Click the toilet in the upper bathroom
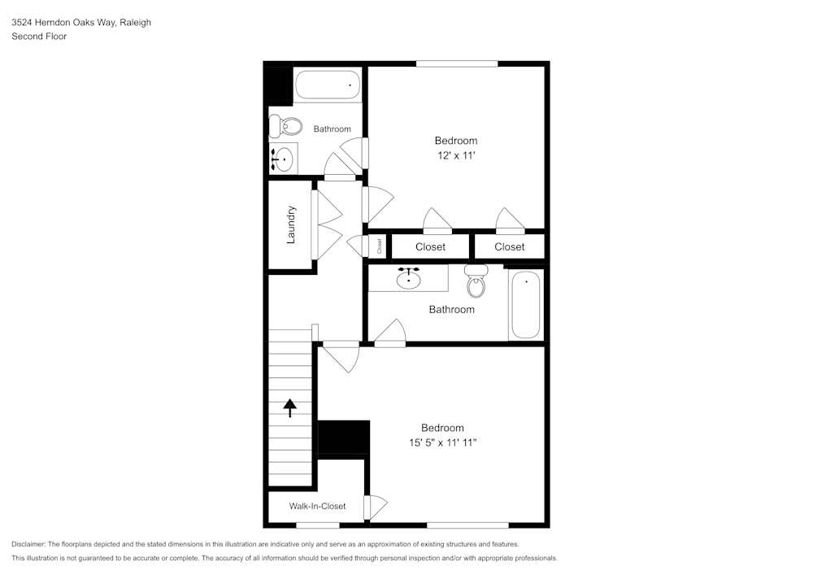click(x=276, y=126)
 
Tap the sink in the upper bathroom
click(x=284, y=158)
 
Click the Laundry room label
click(x=291, y=224)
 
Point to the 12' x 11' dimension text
click(x=455, y=155)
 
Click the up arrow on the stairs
click(x=290, y=407)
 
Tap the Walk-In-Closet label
click(x=317, y=506)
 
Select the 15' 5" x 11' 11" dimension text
click(x=442, y=442)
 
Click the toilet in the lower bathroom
click(x=476, y=281)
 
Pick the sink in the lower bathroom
click(x=408, y=279)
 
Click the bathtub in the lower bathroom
click(x=525, y=305)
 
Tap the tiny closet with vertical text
click(x=379, y=245)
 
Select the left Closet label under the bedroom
click(x=430, y=246)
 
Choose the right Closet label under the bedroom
click(x=510, y=246)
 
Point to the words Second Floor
click(x=39, y=37)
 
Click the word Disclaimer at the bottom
click(x=28, y=544)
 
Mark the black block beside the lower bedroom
click(x=343, y=437)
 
